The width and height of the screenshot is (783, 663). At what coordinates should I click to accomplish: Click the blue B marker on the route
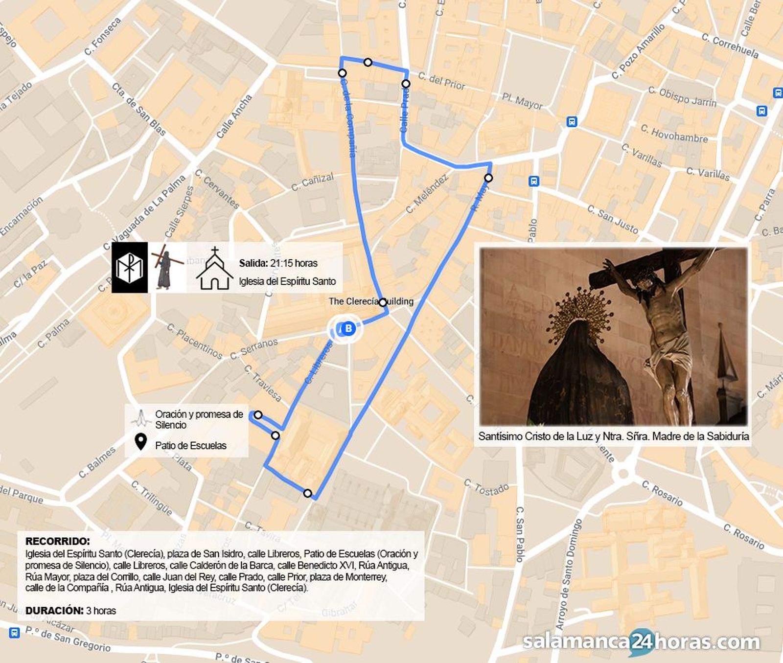point(348,328)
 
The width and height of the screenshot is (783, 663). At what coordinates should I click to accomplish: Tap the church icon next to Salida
point(214,269)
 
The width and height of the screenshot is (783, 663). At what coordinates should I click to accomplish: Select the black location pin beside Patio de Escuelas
point(141,442)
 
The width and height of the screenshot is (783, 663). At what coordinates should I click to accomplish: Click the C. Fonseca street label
point(102,36)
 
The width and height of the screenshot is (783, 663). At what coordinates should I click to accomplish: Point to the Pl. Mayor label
point(522,101)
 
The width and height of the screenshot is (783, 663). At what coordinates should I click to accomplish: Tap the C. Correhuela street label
point(730,46)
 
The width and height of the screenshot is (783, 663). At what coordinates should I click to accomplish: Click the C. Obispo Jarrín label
point(682,97)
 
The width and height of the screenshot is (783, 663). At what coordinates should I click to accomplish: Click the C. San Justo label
point(612,219)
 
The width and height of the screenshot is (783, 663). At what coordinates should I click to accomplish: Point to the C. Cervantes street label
point(217,189)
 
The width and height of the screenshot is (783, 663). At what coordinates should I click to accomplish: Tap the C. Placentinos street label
point(194,341)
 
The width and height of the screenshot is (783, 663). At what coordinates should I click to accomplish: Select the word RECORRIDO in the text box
point(57,541)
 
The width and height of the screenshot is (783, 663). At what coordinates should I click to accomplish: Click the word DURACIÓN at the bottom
point(54,610)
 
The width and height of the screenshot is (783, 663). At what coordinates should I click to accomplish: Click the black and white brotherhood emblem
point(130,268)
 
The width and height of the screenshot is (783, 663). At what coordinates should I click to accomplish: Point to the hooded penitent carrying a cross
point(165,268)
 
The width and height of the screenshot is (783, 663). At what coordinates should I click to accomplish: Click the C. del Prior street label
point(441,81)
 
